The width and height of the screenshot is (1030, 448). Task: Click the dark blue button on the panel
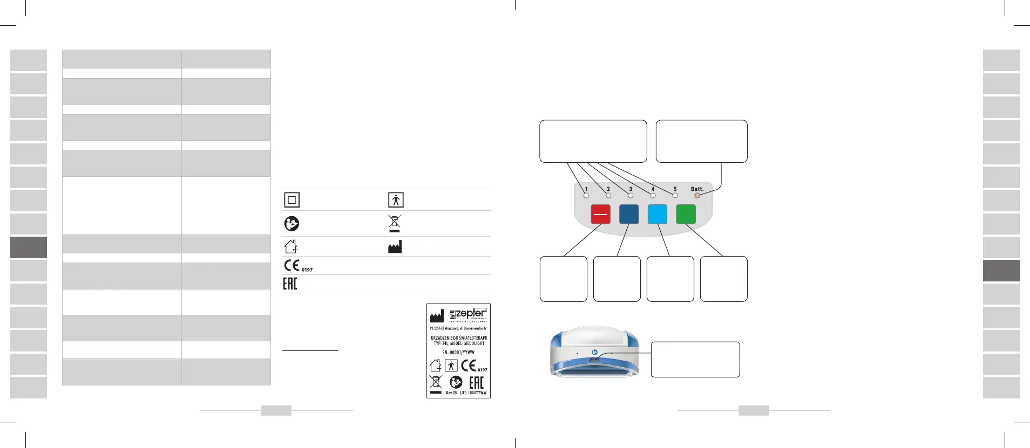pos(629,214)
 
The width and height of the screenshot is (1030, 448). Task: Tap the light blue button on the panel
pos(657,214)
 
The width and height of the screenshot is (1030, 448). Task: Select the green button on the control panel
pos(686,214)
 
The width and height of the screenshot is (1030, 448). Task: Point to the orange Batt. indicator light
pos(697,196)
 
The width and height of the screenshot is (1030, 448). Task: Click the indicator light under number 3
pos(631,196)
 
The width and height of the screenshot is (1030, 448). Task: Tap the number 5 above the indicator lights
pos(675,189)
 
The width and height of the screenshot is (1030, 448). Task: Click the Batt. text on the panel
pos(697,189)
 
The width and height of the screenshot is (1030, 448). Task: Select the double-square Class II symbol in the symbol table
pos(292,200)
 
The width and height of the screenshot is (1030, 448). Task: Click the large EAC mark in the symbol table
pos(290,284)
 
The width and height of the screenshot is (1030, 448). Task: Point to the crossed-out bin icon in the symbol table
pos(395,223)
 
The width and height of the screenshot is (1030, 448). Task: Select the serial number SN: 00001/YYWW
pos(458,353)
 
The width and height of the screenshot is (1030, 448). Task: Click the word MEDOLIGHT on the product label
pos(474,343)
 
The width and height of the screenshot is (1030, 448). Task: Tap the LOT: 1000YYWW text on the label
pos(473,393)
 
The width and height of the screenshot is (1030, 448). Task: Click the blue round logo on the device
pos(594,351)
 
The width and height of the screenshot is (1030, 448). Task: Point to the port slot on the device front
pos(594,360)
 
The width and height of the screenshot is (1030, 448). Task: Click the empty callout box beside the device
pos(695,360)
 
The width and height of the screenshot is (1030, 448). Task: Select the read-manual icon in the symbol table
pos(292,223)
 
